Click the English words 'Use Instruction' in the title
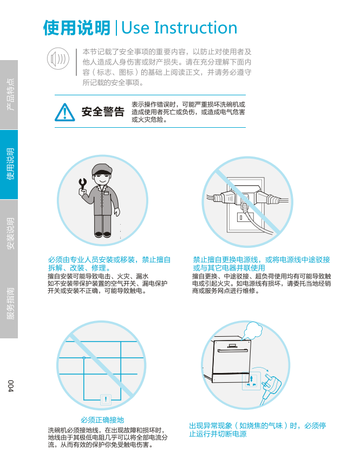179,28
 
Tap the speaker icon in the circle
58,58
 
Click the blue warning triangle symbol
64,112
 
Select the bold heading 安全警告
103,112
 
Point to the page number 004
11,386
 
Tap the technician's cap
102,169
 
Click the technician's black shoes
103,234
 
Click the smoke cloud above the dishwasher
253,330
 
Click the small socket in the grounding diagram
106,400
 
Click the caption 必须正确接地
102,420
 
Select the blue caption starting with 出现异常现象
258,430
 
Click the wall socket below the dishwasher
251,381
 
